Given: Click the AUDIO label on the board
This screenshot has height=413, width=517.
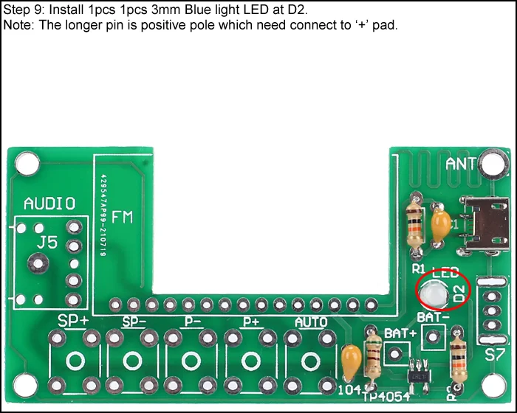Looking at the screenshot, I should pyautogui.click(x=49, y=204).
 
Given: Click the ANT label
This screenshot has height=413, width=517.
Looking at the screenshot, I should pyautogui.click(x=461, y=164).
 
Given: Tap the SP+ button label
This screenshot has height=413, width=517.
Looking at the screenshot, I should pyautogui.click(x=74, y=322).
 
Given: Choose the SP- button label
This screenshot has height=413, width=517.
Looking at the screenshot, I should pyautogui.click(x=133, y=322).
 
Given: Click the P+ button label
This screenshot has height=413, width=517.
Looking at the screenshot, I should pyautogui.click(x=251, y=322).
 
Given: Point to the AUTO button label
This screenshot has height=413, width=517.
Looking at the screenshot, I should pyautogui.click(x=311, y=322).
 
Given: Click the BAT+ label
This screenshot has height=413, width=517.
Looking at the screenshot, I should pyautogui.click(x=400, y=333).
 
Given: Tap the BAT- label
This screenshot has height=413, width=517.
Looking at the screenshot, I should pyautogui.click(x=433, y=317).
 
